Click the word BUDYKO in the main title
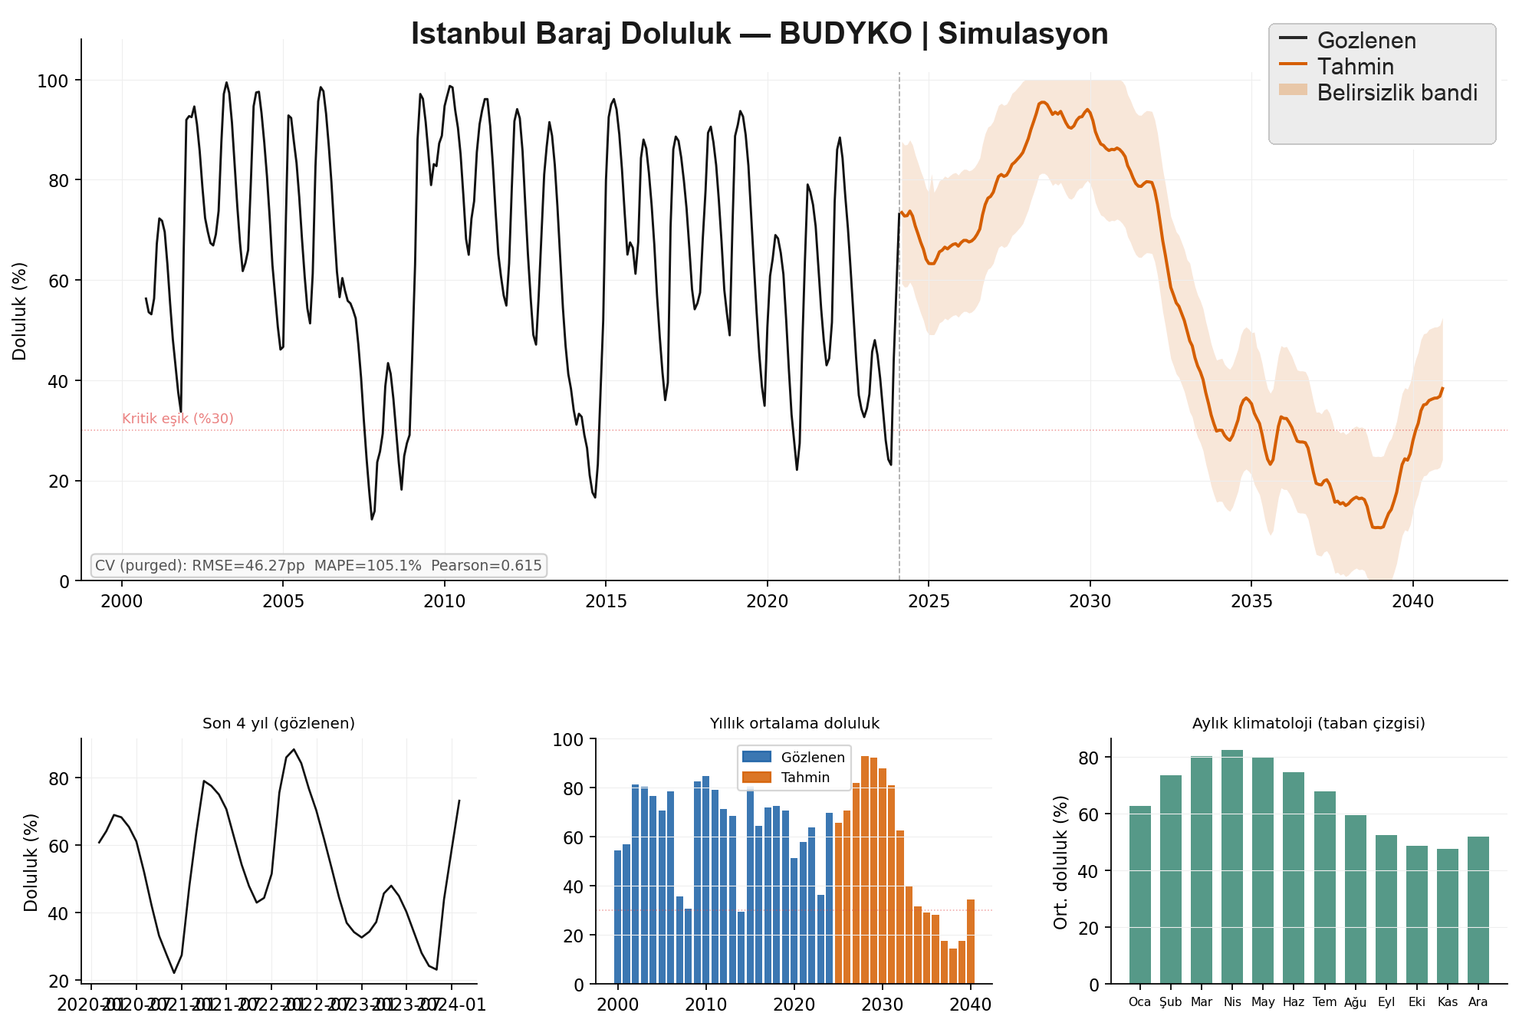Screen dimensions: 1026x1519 [845, 35]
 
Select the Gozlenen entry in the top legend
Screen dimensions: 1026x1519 [1366, 41]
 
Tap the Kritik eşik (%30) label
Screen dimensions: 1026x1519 [178, 419]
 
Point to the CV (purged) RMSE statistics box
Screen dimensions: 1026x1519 [318, 566]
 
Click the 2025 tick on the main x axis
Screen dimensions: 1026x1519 [929, 601]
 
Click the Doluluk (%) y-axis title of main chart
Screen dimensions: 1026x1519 [20, 311]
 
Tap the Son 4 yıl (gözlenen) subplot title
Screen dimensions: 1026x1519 [278, 723]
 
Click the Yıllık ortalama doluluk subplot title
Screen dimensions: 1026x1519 [794, 723]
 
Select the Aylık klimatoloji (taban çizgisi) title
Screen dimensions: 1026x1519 [1308, 723]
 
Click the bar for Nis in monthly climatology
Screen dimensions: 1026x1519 [1232, 867]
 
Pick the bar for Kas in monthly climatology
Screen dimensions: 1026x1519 [1448, 916]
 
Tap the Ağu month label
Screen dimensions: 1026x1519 [1355, 1002]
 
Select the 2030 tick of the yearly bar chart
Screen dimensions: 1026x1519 [883, 1005]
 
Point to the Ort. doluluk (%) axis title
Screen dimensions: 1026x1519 [1061, 862]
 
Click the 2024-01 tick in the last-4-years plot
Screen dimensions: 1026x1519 [457, 1005]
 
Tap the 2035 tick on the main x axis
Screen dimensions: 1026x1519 [1251, 601]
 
